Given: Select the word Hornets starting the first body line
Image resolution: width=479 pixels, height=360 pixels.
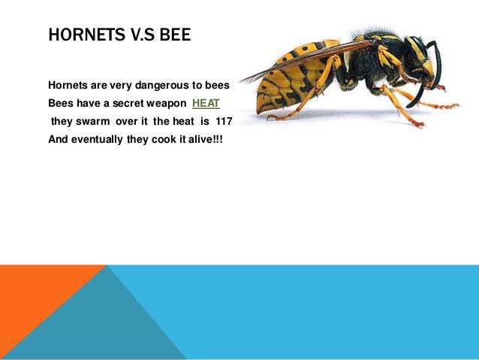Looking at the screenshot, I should [x=68, y=84].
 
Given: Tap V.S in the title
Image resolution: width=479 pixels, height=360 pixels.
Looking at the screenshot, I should [x=137, y=35].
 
